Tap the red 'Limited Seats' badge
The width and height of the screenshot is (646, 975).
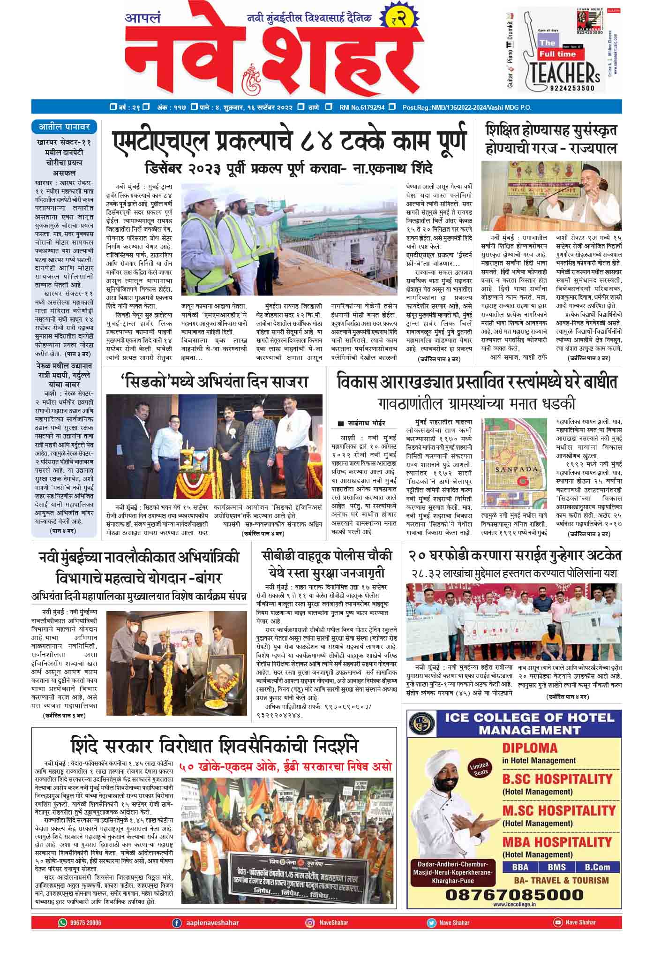coord(481,769)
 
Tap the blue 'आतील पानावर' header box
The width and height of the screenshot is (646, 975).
coord(64,127)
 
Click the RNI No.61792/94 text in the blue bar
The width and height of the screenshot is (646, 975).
coord(362,107)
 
